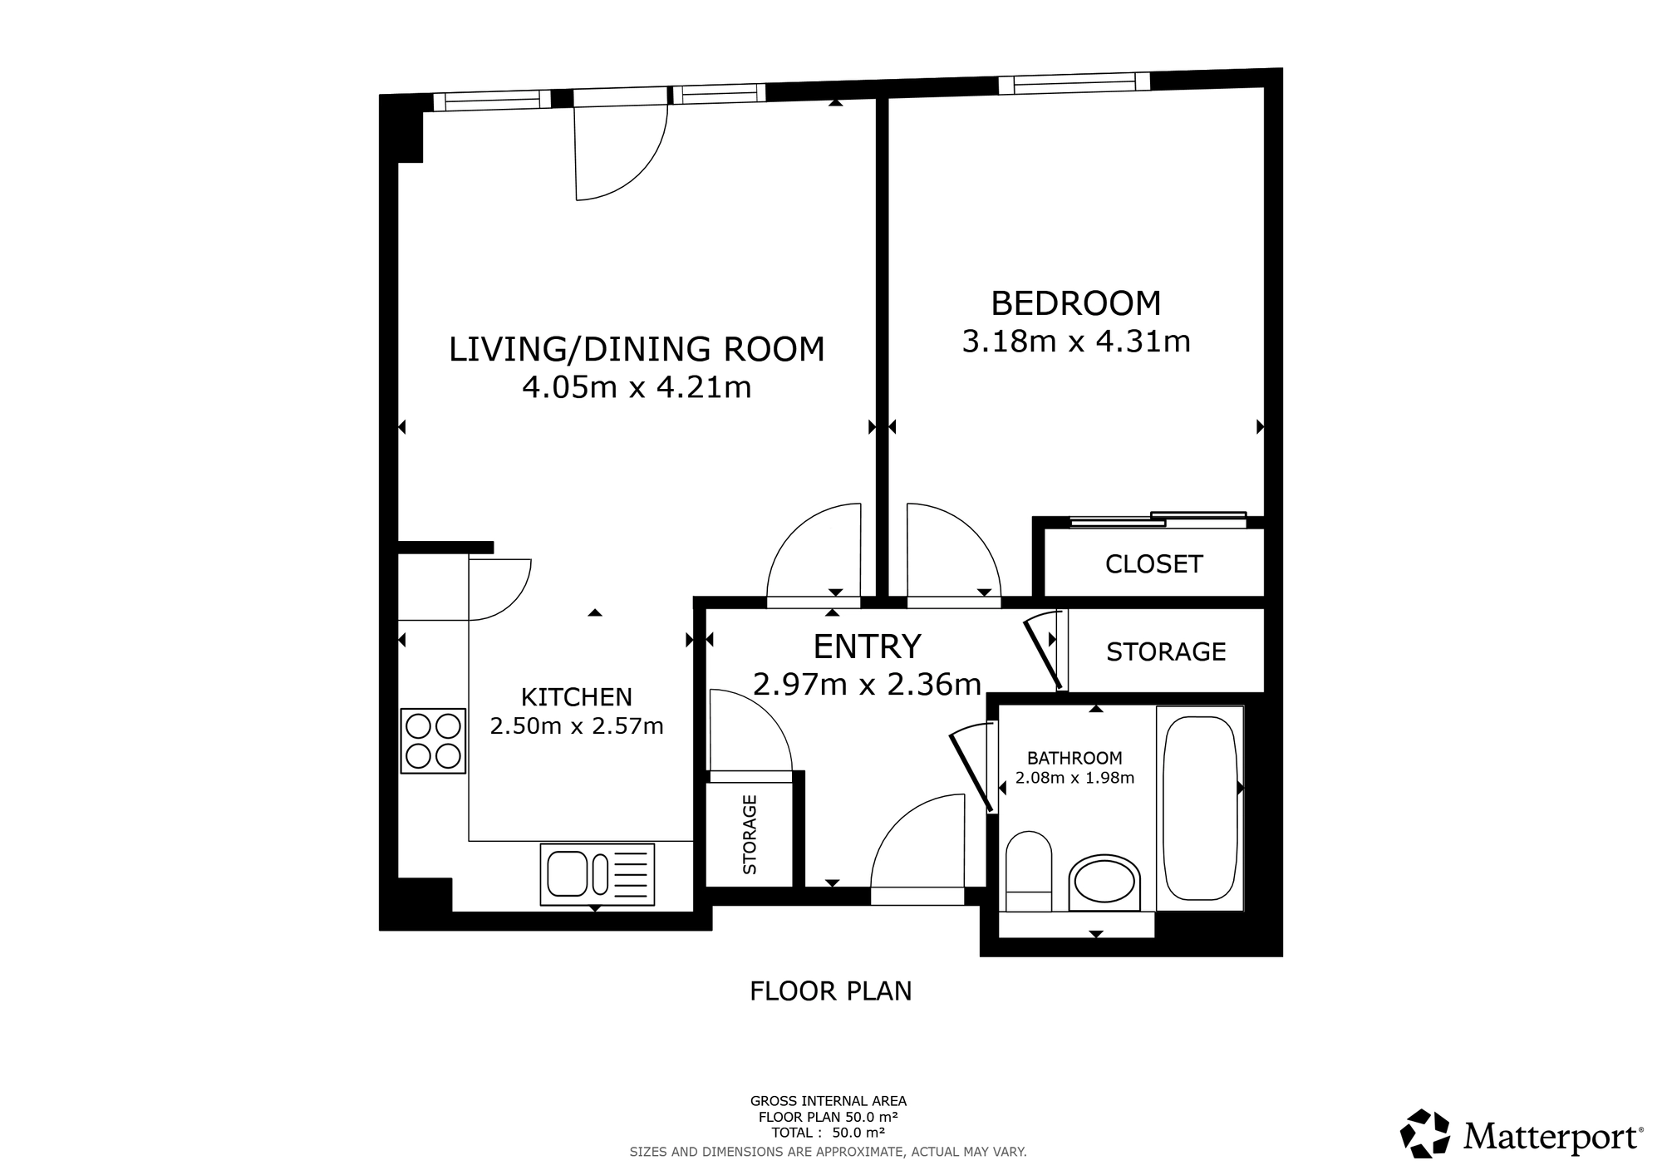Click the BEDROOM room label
click(x=1075, y=303)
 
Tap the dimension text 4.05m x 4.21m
click(x=637, y=387)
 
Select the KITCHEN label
click(x=576, y=696)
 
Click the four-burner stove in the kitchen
click(x=433, y=741)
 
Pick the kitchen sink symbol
click(x=597, y=874)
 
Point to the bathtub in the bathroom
click(x=1199, y=809)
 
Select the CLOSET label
click(x=1153, y=564)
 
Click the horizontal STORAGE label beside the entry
click(x=1165, y=651)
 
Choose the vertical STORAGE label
click(x=750, y=834)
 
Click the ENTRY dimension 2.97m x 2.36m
click(x=867, y=684)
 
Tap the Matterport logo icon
click(x=1425, y=1133)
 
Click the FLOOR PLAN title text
click(x=830, y=991)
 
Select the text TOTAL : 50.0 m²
click(x=828, y=1132)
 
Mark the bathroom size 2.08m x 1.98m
click(x=1074, y=779)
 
